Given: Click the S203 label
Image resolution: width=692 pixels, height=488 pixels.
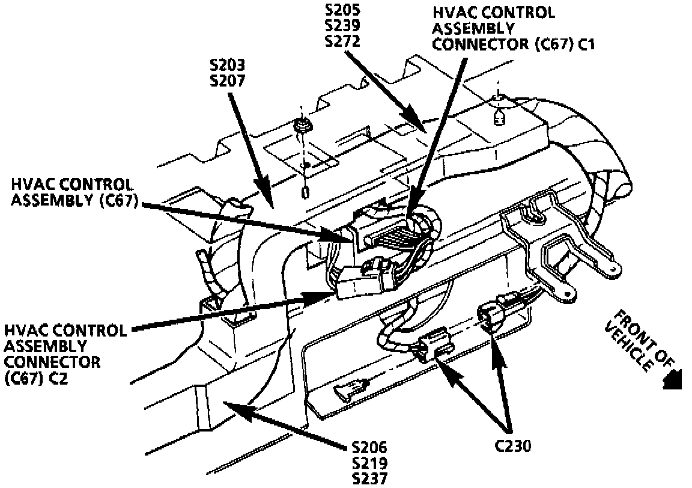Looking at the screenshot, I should click(228, 65).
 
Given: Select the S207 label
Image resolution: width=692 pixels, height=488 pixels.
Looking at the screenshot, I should click(228, 79).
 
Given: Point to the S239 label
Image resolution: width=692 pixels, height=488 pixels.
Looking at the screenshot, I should click(343, 27).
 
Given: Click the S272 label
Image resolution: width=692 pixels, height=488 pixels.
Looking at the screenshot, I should click(343, 41).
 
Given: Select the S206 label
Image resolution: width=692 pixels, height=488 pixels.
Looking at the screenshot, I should click(371, 448).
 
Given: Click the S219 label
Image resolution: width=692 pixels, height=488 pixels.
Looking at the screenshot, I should click(371, 463).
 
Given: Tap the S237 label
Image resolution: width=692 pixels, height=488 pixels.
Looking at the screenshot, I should click(371, 478).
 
